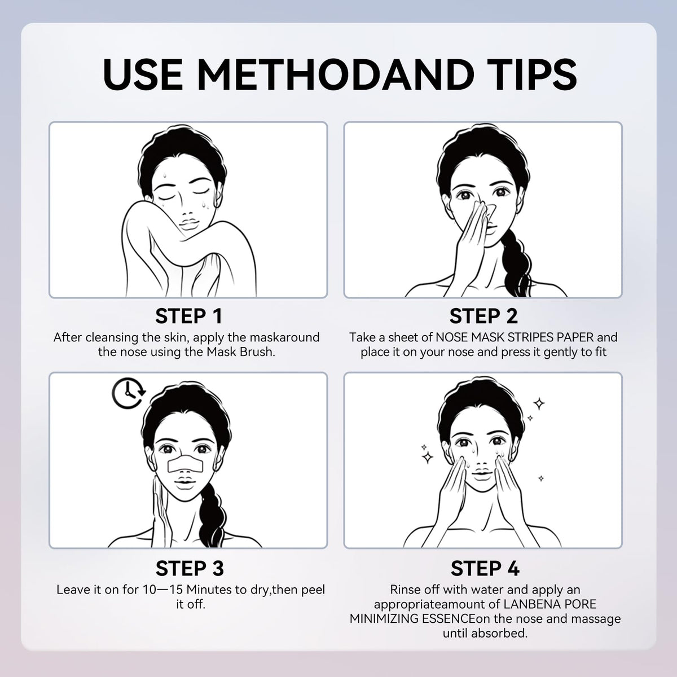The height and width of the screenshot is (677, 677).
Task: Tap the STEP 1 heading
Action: tap(188, 316)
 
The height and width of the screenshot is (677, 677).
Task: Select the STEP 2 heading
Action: tap(483, 316)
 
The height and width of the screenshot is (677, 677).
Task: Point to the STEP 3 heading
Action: tap(190, 568)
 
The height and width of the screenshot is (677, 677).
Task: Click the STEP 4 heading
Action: tap(485, 568)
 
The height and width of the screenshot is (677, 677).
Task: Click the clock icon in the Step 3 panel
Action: tap(129, 393)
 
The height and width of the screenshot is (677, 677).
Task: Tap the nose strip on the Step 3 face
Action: tap(185, 464)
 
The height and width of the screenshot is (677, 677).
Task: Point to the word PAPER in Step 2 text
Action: tap(575, 337)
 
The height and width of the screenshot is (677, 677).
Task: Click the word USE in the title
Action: tap(143, 74)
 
